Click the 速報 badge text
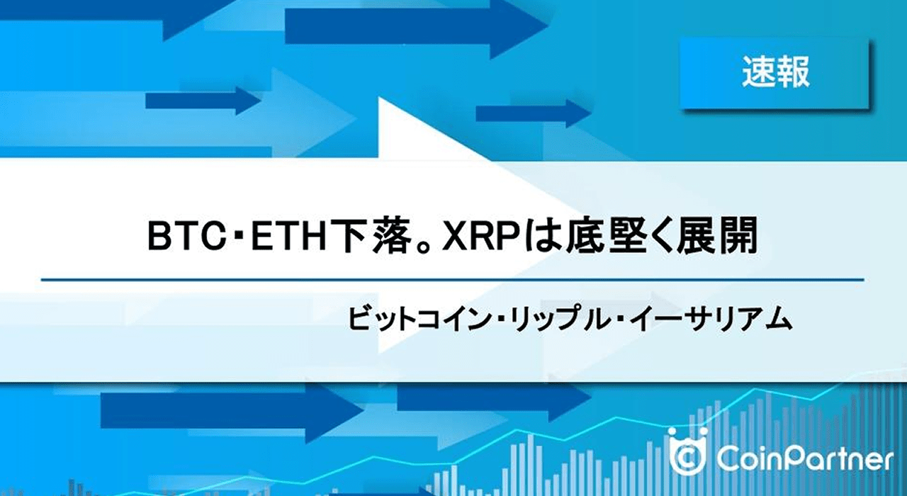click(x=775, y=72)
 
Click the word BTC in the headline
click(x=187, y=237)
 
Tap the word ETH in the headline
click(x=288, y=237)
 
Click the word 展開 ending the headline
click(x=719, y=237)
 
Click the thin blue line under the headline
click(x=453, y=280)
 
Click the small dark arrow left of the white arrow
click(x=203, y=100)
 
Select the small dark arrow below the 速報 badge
click(x=533, y=113)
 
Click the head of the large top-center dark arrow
click(x=517, y=26)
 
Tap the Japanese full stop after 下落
click(x=423, y=246)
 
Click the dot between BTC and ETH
click(x=240, y=238)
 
